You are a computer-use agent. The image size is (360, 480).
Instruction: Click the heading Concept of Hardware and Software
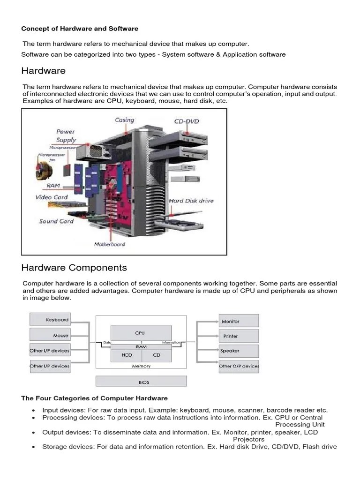80,29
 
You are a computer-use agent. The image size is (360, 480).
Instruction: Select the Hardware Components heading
74,268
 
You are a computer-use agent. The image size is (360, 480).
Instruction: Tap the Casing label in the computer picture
124,120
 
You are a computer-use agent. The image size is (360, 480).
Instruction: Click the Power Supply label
66,136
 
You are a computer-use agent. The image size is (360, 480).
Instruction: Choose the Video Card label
52,197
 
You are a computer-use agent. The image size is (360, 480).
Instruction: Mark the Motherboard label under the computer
110,244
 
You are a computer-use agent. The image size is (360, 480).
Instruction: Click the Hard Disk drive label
191,201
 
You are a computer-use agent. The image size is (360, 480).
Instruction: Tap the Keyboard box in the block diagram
50,320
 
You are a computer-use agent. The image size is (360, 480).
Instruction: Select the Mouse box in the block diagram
50,335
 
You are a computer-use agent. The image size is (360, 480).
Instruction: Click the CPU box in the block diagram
140,333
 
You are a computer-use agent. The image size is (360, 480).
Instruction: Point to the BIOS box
141,382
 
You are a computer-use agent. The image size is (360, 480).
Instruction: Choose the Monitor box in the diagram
239,321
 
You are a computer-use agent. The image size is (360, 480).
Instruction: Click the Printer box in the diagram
239,336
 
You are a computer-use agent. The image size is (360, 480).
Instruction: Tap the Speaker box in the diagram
239,351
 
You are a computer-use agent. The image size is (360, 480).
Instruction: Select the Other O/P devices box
239,366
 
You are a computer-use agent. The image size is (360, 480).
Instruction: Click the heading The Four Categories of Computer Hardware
94,398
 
